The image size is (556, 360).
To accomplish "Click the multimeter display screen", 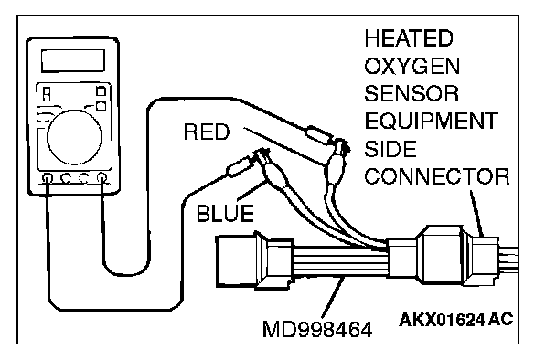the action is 73,60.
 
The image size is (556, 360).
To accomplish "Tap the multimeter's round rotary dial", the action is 74,137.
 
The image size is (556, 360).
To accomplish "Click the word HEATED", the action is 409,38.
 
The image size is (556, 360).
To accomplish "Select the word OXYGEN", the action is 412,66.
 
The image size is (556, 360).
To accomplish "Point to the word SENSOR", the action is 412,93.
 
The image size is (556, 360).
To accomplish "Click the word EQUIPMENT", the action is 432,122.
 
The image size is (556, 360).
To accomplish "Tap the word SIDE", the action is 390,149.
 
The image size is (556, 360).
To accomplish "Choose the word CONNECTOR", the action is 437,176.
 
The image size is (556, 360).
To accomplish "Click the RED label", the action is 207,132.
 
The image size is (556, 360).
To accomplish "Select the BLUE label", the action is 225,213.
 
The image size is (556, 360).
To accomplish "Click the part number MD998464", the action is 317,330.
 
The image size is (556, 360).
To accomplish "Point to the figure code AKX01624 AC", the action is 456,320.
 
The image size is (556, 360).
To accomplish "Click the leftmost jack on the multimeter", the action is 48,178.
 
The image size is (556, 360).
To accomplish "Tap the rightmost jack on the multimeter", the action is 102,177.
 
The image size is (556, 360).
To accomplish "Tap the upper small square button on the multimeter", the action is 102,91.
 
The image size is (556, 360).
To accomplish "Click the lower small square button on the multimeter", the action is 102,106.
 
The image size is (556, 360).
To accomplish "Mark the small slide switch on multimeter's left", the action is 47,94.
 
